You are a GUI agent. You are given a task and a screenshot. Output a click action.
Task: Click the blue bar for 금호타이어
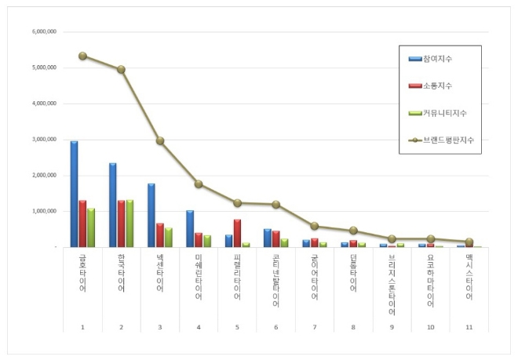point(74,194)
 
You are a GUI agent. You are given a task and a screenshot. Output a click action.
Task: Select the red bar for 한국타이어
point(121,224)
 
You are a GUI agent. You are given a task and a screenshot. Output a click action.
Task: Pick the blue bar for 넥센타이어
point(151,215)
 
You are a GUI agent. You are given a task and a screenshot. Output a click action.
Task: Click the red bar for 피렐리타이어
point(237,233)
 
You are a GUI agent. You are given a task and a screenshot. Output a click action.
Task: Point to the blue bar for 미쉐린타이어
point(190,228)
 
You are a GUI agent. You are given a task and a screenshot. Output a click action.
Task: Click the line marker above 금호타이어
point(82,56)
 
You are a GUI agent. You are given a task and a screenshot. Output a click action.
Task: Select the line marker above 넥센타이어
point(160,141)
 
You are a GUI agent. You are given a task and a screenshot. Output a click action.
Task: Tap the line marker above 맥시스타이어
point(469,242)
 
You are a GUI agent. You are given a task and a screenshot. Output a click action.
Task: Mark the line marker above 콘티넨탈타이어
point(275,205)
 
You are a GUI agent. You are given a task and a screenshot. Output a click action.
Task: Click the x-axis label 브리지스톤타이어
point(392,284)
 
